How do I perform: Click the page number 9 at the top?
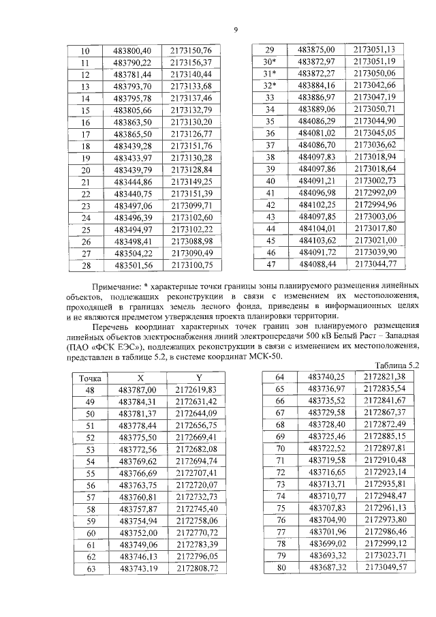tap(235, 29)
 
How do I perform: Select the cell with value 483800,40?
tap(133, 51)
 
